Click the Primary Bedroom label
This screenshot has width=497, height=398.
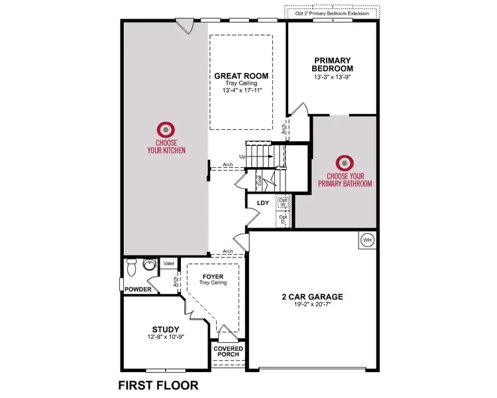click(x=333, y=64)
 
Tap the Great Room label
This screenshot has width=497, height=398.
click(x=241, y=76)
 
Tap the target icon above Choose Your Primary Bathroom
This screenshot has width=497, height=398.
click(x=344, y=163)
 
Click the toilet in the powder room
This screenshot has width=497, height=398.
click(x=131, y=267)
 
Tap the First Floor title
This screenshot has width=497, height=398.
click(x=158, y=385)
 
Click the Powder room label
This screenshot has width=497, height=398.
click(x=138, y=289)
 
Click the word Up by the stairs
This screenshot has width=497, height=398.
click(x=242, y=157)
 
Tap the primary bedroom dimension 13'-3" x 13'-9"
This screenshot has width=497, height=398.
click(x=333, y=77)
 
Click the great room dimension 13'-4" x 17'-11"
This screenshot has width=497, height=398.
click(x=241, y=92)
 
